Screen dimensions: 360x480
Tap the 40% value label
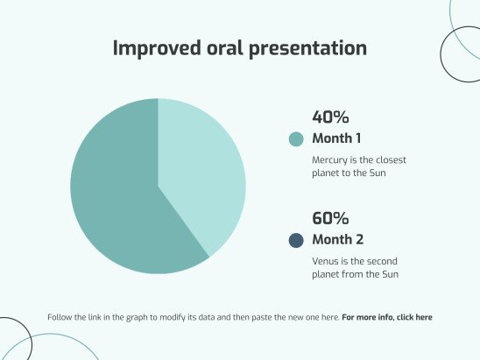pyautogui.click(x=330, y=116)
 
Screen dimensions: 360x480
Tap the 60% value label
pyautogui.click(x=330, y=218)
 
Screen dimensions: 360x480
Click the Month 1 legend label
pyautogui.click(x=336, y=138)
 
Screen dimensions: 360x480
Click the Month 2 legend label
pyautogui.click(x=337, y=240)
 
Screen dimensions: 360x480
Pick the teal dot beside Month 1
pyautogui.click(x=296, y=139)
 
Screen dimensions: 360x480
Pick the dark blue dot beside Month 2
pyautogui.click(x=296, y=241)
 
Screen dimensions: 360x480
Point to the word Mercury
pyautogui.click(x=330, y=161)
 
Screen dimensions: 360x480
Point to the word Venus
pyautogui.click(x=327, y=262)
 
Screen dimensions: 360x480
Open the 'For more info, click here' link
pyautogui.click(x=387, y=317)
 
